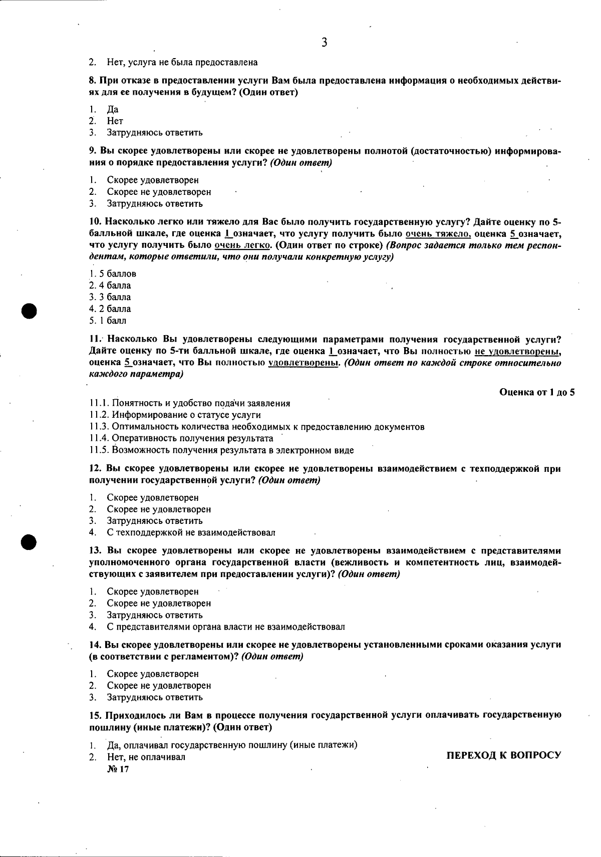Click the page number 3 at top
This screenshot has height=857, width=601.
(x=324, y=43)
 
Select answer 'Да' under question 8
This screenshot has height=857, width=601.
(x=112, y=109)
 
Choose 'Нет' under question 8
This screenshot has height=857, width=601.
(x=115, y=121)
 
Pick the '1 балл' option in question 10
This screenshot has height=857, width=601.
(x=108, y=321)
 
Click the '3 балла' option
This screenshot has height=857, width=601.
(x=111, y=297)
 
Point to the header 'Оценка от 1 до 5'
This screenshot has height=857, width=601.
(x=537, y=392)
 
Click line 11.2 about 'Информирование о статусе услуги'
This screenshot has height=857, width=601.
(x=175, y=415)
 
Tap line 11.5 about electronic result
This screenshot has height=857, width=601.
(x=221, y=450)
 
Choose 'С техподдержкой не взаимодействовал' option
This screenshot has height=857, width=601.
(x=191, y=532)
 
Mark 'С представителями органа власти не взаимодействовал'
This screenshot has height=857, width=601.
(x=225, y=627)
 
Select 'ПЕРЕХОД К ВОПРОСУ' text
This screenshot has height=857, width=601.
(x=503, y=755)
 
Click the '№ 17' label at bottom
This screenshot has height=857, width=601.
(x=118, y=769)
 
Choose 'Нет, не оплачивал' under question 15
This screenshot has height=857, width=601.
(x=146, y=757)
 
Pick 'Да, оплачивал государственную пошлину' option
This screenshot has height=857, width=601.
(x=232, y=745)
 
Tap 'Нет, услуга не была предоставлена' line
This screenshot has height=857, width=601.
(x=182, y=62)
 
